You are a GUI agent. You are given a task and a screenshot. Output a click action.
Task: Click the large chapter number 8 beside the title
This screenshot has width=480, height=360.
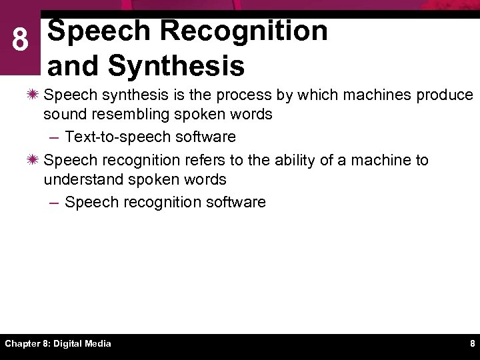[x=21, y=42]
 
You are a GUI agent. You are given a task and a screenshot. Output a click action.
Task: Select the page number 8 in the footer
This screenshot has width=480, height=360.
[x=472, y=343]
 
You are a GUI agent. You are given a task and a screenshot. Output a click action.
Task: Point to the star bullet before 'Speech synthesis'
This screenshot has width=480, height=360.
[x=34, y=95]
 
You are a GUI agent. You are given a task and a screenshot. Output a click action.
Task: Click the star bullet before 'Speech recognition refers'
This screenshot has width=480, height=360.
[x=34, y=161]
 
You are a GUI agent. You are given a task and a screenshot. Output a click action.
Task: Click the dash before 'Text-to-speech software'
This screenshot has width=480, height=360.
[x=55, y=137]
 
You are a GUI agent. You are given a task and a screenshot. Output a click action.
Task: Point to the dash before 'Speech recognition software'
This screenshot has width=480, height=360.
[x=55, y=203]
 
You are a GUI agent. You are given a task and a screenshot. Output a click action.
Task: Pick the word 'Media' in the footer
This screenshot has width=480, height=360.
[x=99, y=343]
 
